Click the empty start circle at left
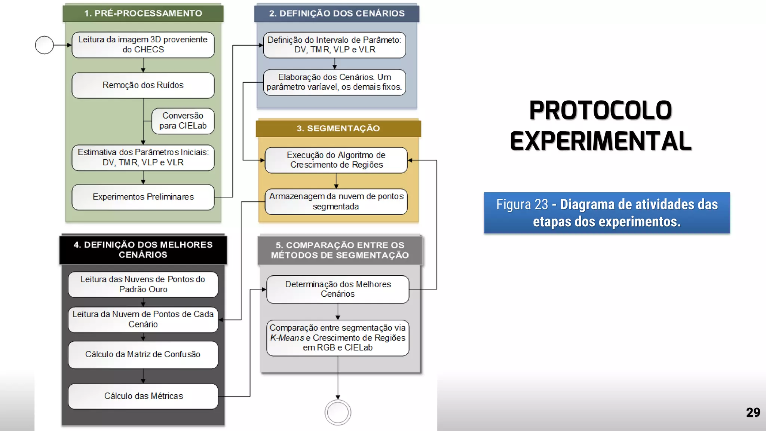click(x=44, y=45)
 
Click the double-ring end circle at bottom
click(x=338, y=412)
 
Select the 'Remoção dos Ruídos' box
click(x=143, y=85)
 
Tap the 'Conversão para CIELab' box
click(x=183, y=121)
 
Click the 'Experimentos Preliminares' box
click(x=143, y=197)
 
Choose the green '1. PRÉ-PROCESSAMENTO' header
click(x=143, y=13)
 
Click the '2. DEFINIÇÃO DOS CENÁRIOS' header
click(x=337, y=13)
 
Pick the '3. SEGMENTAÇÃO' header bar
click(x=338, y=128)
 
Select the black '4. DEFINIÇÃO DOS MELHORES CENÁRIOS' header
click(x=143, y=250)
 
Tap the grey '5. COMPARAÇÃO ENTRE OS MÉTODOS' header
click(x=340, y=250)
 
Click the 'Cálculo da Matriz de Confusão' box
click(x=143, y=354)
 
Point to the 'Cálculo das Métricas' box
click(x=143, y=396)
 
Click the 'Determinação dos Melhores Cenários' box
click(x=338, y=289)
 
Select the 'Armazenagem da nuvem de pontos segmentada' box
click(x=336, y=201)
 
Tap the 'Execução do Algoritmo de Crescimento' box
click(x=336, y=160)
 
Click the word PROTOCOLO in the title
click(x=600, y=111)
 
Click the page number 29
click(x=753, y=412)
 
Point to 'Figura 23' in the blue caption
click(x=522, y=205)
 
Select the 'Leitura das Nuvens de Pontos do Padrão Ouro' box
click(x=143, y=284)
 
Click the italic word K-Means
click(x=287, y=338)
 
